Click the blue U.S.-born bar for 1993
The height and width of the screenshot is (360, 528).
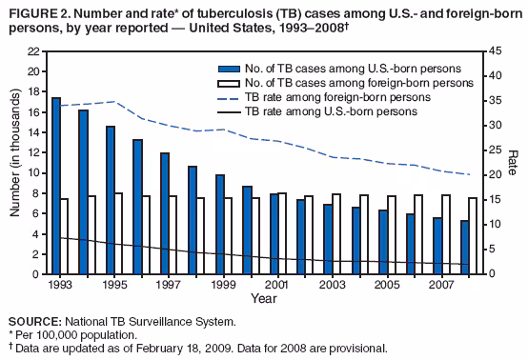pyautogui.click(x=56, y=186)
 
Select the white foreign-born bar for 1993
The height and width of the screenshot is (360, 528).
pyautogui.click(x=65, y=236)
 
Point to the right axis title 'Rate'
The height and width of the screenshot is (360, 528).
pyautogui.click(x=513, y=163)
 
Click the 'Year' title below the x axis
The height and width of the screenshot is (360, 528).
pyautogui.click(x=264, y=298)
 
